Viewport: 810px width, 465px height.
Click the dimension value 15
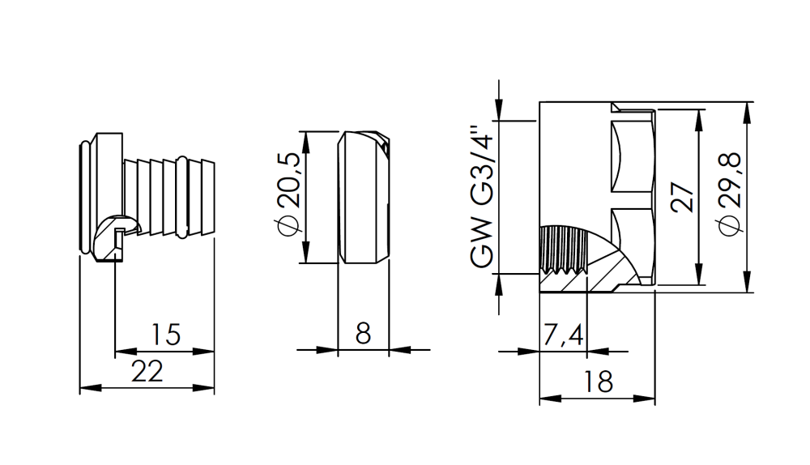coord(164,334)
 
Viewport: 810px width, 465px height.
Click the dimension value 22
coord(147,372)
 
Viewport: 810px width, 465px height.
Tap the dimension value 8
coord(363,334)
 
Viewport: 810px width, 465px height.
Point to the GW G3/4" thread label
coord(482,196)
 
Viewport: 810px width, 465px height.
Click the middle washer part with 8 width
coord(363,196)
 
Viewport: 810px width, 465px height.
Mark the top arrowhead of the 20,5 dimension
coord(305,137)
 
